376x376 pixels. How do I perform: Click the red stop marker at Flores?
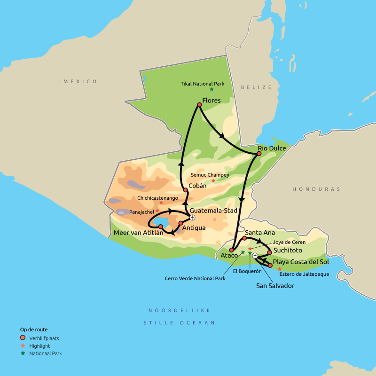coord(199,105)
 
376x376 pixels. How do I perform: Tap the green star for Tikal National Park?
coord(211,89)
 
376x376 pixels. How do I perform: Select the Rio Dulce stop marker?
coord(259,153)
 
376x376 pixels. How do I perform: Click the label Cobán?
coord(197,186)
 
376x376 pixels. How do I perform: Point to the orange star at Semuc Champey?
coord(213,180)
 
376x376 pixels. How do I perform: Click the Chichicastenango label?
coord(157,198)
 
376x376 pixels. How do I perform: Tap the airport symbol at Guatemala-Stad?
coord(192,217)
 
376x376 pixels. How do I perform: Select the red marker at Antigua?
coord(181,223)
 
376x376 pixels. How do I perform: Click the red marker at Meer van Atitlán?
coord(160,227)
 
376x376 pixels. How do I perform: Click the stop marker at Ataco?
coord(231,250)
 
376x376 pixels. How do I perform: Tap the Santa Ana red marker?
coord(244,238)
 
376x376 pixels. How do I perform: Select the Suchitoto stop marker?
coord(269,252)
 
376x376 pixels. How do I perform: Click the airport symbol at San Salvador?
coord(255,256)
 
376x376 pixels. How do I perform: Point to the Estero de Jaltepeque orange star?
coord(279,269)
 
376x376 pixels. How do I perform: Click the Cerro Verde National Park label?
coord(195,278)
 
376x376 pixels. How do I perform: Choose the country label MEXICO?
coord(80,82)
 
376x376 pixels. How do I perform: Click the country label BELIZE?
coord(256,87)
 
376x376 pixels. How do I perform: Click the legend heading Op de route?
coord(34,329)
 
